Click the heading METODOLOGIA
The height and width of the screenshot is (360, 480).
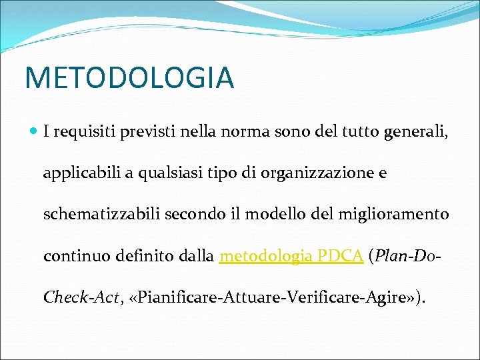point(129,77)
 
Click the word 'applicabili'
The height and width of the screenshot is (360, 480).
point(75,174)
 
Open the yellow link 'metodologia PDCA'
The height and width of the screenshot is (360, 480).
point(291,256)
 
